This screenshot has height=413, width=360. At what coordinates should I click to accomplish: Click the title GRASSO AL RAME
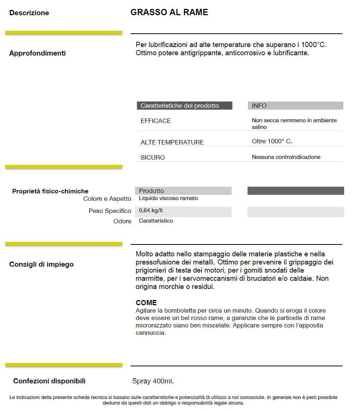coord(169,12)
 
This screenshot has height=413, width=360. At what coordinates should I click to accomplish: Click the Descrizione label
coord(29,13)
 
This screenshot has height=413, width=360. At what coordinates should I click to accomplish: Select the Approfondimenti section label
coord(37,53)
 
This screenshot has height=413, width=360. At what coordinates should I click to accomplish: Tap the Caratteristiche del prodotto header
coord(180,106)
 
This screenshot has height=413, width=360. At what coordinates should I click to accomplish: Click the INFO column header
coord(259,106)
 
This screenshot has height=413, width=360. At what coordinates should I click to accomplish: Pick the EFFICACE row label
coord(156,121)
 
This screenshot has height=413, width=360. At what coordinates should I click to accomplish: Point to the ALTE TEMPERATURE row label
coord(172,142)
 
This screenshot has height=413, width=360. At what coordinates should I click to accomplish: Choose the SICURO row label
coord(153,157)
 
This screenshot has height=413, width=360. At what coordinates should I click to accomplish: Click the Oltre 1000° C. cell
coord(272,141)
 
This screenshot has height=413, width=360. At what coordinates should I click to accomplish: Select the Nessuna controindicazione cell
coord(286,157)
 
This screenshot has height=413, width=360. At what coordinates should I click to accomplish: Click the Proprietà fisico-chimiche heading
coord(50,191)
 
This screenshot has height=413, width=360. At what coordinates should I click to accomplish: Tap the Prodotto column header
coord(151,191)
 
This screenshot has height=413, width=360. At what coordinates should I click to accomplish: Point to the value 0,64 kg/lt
coord(151,211)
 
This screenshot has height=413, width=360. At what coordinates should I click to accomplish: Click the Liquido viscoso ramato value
coord(168,199)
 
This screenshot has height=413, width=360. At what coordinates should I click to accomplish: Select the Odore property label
coord(122,222)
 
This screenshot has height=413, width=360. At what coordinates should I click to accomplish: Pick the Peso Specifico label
coord(110,211)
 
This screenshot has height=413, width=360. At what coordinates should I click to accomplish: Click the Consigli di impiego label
coord(41,264)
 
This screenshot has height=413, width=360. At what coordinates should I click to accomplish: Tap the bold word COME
coord(146,303)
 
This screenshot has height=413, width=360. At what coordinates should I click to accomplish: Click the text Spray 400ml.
coord(153,381)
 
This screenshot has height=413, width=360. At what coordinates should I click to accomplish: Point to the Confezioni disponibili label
coord(49,381)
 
